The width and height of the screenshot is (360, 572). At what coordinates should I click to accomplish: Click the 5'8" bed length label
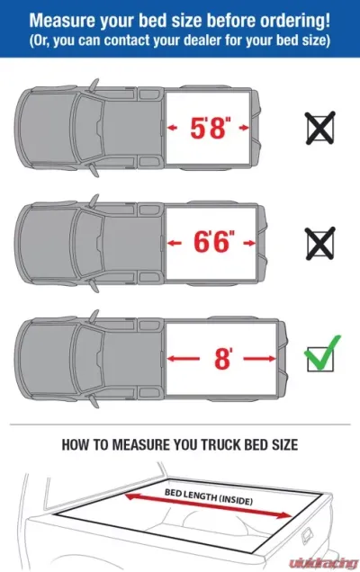(x=213, y=130)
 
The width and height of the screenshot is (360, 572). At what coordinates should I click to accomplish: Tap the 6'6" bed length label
(x=214, y=242)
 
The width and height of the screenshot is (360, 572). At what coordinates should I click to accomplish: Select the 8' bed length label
(x=221, y=357)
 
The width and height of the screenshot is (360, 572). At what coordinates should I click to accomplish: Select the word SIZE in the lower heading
(x=284, y=443)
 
